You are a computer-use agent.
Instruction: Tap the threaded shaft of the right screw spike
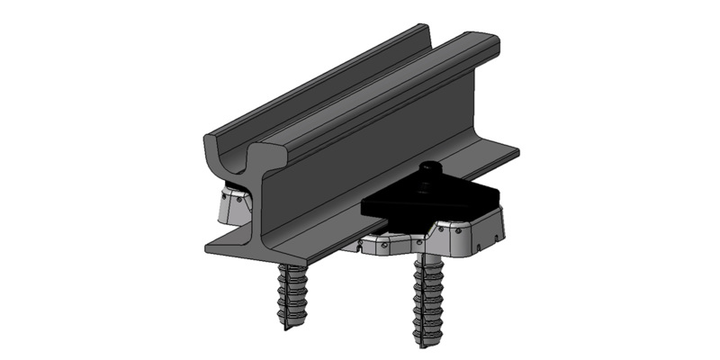tap(422, 297)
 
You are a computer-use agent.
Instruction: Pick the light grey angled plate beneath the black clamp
tap(468, 231)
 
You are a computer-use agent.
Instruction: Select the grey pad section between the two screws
tap(378, 245)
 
